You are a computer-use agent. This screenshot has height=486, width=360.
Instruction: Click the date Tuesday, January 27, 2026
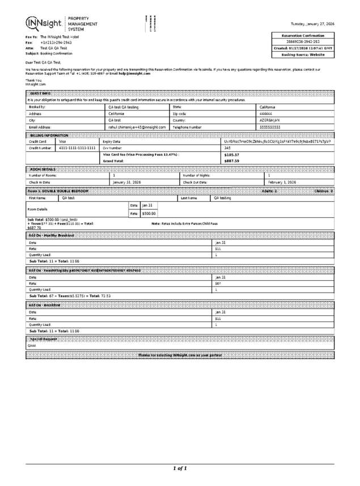tap(312, 24)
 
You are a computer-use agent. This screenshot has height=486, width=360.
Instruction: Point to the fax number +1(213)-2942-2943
tap(56, 43)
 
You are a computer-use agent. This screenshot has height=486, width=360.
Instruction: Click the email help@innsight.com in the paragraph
tap(135, 73)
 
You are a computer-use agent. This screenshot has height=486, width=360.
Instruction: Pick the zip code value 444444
tap(266, 113)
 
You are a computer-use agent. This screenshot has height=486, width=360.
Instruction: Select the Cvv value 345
tap(227, 147)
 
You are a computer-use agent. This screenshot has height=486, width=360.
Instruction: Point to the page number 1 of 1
tap(180, 468)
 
